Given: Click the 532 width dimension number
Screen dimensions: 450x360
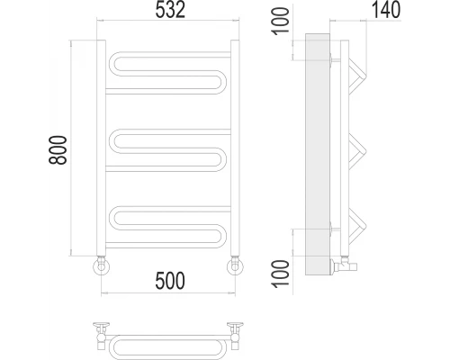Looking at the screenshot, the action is tap(170, 10).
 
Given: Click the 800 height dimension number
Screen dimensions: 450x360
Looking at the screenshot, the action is tap(58, 150).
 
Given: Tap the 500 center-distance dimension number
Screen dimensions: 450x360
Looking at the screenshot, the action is tap(170, 281).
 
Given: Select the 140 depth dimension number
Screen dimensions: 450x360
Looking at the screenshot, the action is tap(386, 10).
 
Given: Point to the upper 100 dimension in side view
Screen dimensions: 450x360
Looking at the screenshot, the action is tap(281, 22).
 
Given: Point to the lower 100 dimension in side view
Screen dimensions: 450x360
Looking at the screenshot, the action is tap(281, 274).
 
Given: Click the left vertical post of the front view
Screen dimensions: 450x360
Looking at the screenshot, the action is tap(101, 148).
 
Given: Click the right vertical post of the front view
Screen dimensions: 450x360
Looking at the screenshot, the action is tap(235, 148).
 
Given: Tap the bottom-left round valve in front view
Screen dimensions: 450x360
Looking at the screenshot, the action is tap(102, 266).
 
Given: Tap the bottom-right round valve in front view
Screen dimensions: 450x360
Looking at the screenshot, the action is tap(235, 266).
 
